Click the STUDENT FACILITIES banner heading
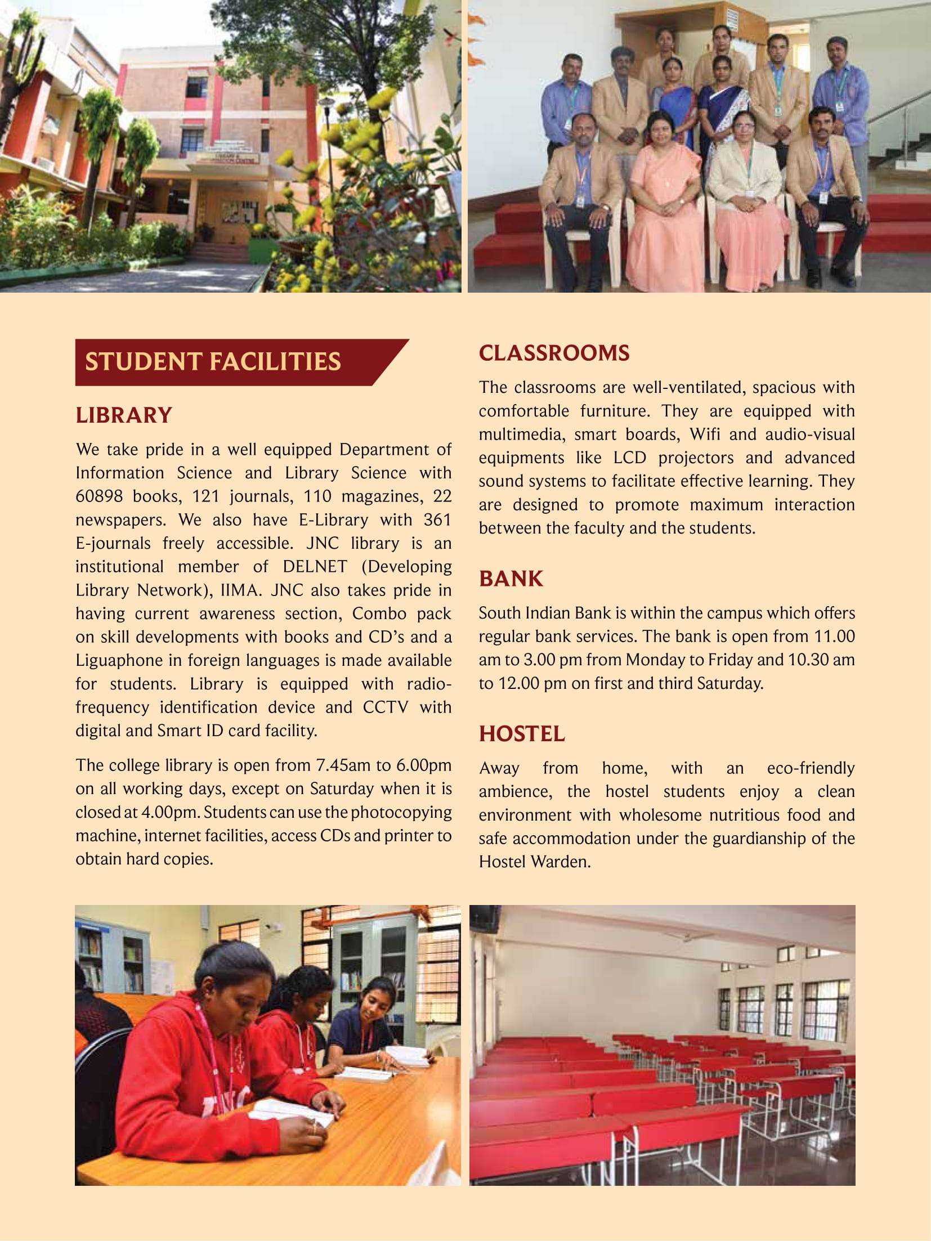coord(213,362)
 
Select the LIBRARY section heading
coord(123,415)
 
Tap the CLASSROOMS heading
coord(554,353)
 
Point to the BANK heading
coord(511,579)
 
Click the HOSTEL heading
coord(521,734)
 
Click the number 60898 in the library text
coord(99,496)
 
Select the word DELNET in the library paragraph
coord(315,566)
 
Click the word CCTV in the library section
coord(385,707)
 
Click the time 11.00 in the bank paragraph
coord(834,637)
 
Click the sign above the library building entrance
coord(229,158)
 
